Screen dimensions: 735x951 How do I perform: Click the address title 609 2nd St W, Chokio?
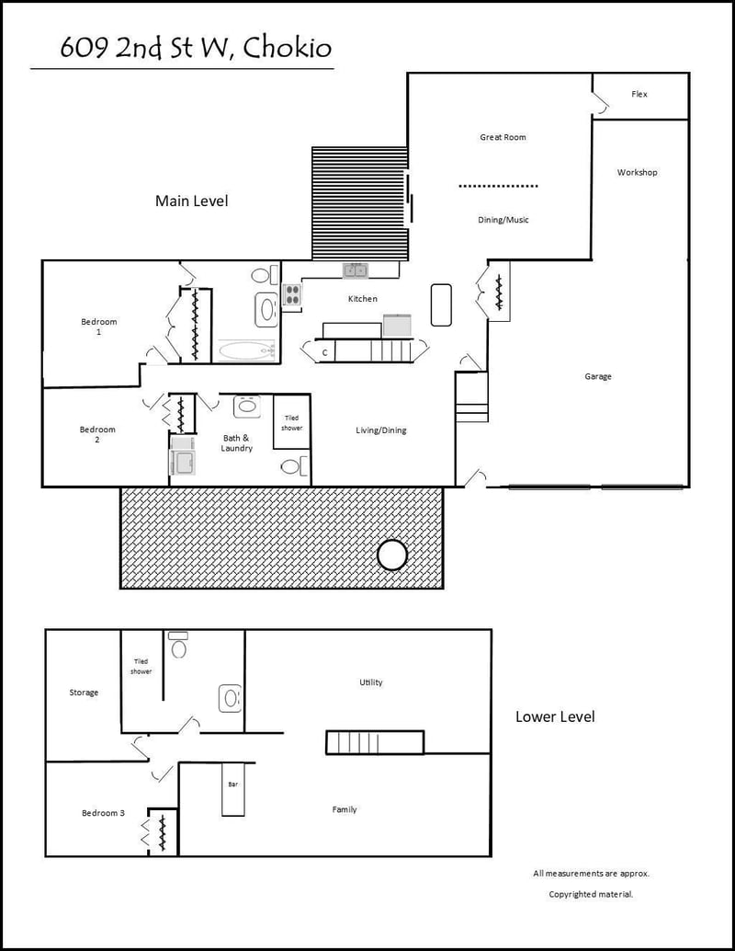[x=196, y=48]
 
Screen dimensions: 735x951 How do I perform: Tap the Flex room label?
[x=639, y=94]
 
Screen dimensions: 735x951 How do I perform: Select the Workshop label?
[x=637, y=172]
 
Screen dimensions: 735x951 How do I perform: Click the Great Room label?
[x=503, y=137]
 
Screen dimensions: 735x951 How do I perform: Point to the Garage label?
[x=598, y=376]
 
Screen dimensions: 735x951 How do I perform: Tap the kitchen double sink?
[x=355, y=270]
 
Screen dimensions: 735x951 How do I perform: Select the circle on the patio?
[x=392, y=555]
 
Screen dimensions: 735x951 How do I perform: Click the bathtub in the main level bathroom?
[x=246, y=350]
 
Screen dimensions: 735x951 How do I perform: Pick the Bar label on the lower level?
[x=232, y=785]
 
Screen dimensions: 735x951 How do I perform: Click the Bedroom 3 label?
[x=104, y=813]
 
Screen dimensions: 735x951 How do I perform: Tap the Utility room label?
[x=371, y=682]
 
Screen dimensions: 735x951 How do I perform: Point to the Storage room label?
[x=84, y=692]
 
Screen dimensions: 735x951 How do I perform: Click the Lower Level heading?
[x=555, y=716]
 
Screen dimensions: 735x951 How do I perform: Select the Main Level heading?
[x=191, y=201]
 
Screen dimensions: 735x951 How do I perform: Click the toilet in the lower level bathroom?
[x=178, y=646]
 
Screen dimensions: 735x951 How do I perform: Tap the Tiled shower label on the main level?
[x=291, y=423]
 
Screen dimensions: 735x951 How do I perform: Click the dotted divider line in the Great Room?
[x=498, y=186]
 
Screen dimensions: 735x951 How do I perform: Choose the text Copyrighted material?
[x=591, y=894]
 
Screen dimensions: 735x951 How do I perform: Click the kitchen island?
[x=441, y=305]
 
